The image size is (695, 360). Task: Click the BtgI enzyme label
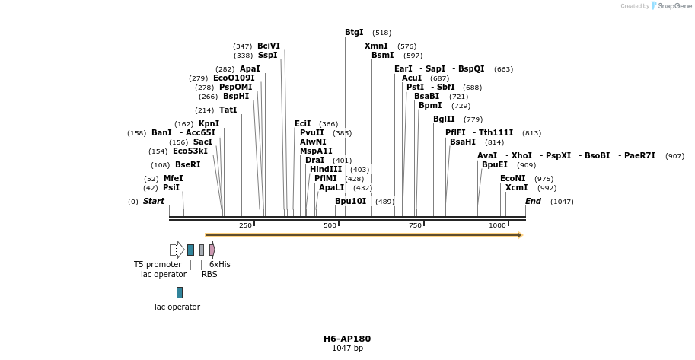pyautogui.click(x=354, y=33)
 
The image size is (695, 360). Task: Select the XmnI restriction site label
pyautogui.click(x=376, y=46)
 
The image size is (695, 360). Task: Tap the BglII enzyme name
pyautogui.click(x=444, y=119)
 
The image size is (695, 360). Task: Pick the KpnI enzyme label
pyautogui.click(x=209, y=123)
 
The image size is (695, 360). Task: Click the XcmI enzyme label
pyautogui.click(x=516, y=187)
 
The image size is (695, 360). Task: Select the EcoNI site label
pyautogui.click(x=513, y=178)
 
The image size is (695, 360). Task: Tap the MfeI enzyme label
pyautogui.click(x=173, y=178)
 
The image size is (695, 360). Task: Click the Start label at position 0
pyautogui.click(x=153, y=201)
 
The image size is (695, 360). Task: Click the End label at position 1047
pyautogui.click(x=533, y=201)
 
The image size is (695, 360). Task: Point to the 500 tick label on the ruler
pyautogui.click(x=330, y=225)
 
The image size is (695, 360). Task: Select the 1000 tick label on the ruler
pyautogui.click(x=497, y=225)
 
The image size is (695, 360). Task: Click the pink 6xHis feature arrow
pyautogui.click(x=212, y=250)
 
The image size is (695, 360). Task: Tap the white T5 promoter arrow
pyautogui.click(x=177, y=250)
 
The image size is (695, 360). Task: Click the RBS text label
pyautogui.click(x=209, y=274)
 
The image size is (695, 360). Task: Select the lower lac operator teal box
pyautogui.click(x=180, y=292)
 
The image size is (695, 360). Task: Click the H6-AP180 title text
pyautogui.click(x=347, y=339)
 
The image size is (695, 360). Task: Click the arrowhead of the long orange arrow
pyautogui.click(x=520, y=235)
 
